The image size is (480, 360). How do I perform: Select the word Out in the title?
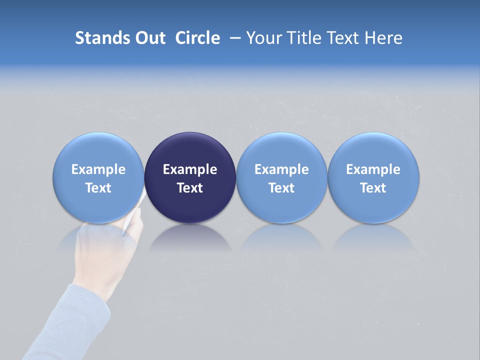point(148,38)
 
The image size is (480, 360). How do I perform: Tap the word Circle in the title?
point(197,38)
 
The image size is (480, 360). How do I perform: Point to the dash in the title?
point(234,38)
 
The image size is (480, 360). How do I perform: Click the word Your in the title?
point(262,38)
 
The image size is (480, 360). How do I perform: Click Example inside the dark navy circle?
point(190,169)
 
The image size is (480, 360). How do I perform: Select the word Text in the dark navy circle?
point(190,188)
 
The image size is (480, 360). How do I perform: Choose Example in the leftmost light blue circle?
point(98,169)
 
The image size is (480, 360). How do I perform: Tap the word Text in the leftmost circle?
point(98,188)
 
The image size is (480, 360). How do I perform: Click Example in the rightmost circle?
point(373,169)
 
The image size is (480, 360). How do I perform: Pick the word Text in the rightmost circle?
point(373,188)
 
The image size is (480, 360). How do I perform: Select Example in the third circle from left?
point(281,169)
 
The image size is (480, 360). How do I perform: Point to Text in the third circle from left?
point(281,188)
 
